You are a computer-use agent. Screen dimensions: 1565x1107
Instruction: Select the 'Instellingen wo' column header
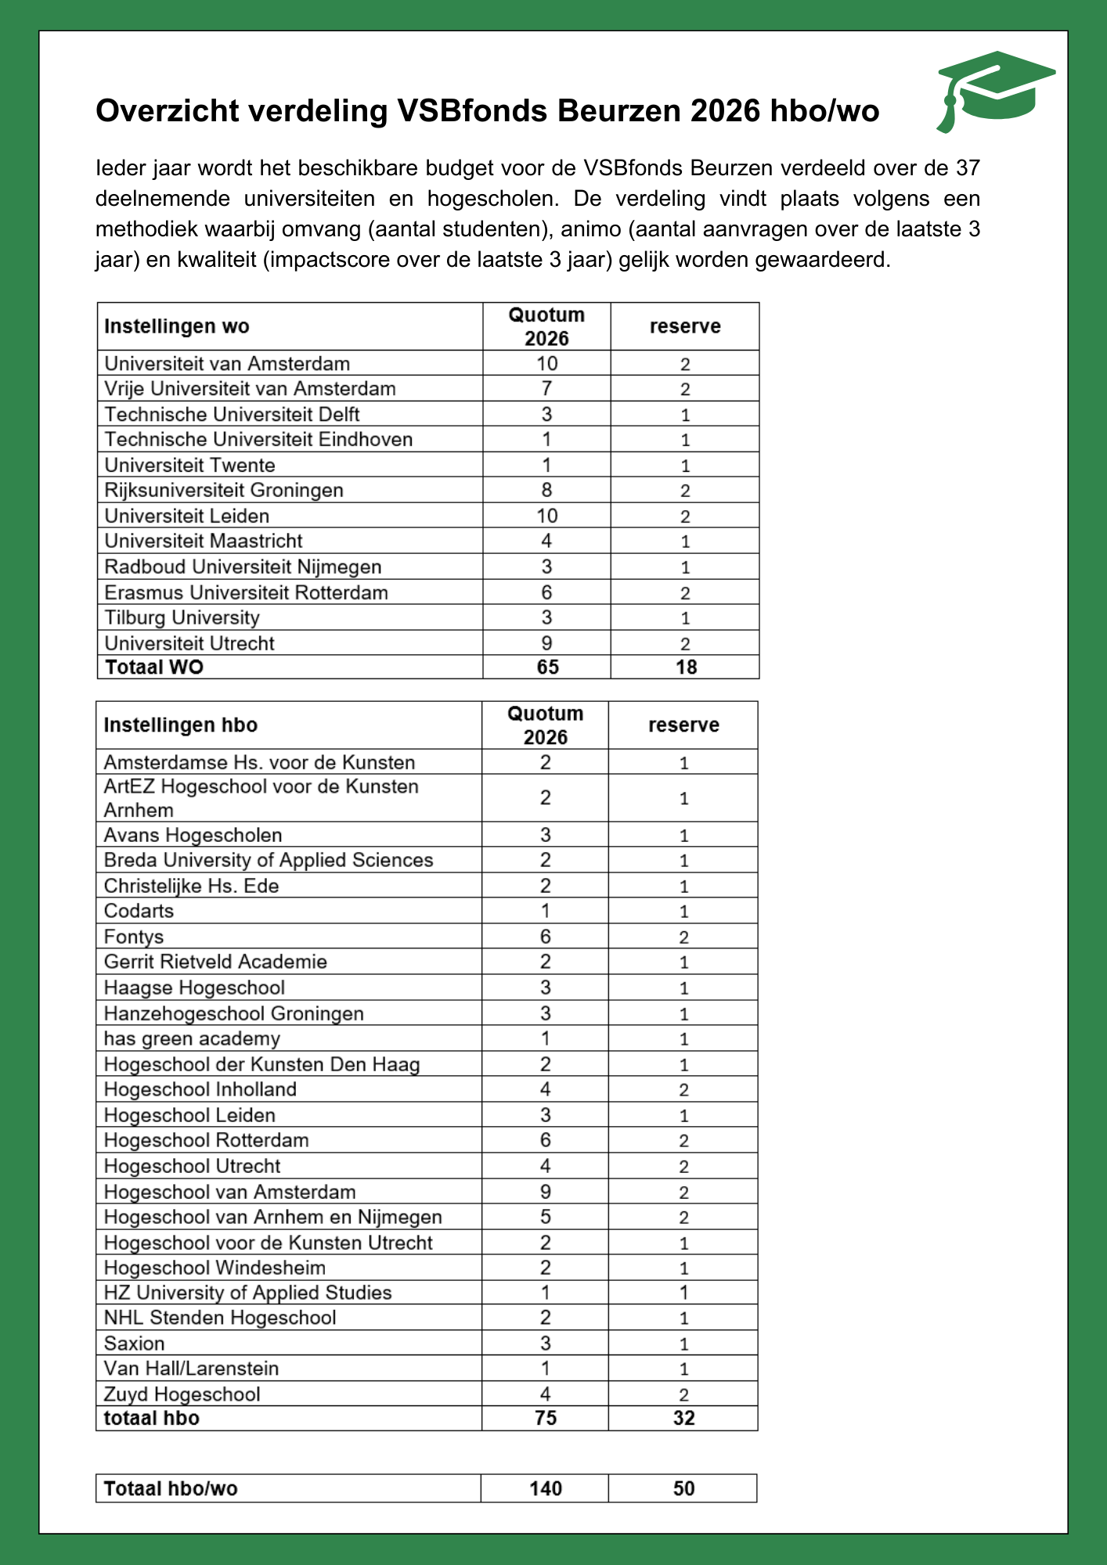[177, 326]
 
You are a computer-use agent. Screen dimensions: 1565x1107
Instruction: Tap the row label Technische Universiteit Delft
[232, 414]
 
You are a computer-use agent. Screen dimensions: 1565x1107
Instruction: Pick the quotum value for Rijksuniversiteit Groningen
[546, 490]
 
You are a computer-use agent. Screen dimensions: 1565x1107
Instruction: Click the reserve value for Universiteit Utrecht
[685, 643]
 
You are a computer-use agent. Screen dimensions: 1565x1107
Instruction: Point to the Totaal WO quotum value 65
[547, 667]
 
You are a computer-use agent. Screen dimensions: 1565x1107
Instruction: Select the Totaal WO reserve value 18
[686, 667]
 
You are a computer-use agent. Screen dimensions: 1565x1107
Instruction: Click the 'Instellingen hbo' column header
[181, 725]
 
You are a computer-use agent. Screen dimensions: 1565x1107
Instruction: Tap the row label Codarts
[139, 911]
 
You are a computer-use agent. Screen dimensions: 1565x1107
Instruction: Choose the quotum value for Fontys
[546, 937]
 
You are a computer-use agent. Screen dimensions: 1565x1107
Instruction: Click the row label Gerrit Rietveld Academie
[215, 962]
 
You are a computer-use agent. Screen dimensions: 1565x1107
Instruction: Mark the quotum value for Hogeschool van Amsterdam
[546, 1192]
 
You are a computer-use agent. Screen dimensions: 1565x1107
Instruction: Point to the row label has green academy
[192, 1038]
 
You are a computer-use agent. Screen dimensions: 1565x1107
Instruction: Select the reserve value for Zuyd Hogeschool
[683, 1394]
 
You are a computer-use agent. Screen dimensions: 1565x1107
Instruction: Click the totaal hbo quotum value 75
[546, 1419]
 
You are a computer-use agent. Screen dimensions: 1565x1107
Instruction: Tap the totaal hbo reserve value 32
[683, 1419]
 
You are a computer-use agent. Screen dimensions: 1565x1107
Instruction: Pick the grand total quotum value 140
[546, 1488]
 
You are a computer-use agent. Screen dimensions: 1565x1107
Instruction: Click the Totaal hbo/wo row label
[171, 1488]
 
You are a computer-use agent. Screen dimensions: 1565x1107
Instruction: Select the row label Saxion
[135, 1344]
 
